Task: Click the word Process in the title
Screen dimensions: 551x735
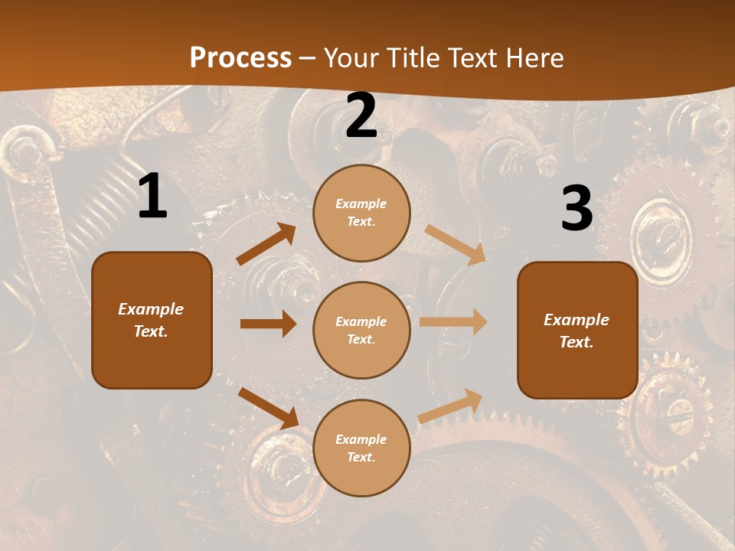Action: [x=240, y=57]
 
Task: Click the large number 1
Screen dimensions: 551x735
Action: [x=152, y=197]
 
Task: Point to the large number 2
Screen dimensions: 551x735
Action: [x=361, y=116]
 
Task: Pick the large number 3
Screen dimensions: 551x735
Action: [x=577, y=208]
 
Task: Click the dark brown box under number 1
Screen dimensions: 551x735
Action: [x=152, y=320]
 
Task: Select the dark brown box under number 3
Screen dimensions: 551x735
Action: [x=577, y=331]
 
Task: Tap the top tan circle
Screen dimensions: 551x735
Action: [x=361, y=213]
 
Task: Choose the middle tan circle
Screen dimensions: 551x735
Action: [x=361, y=330]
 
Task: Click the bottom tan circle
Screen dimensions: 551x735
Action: [x=361, y=448]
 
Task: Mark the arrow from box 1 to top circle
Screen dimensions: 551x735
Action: [x=266, y=244]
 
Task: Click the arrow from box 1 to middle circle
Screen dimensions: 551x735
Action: [x=268, y=324]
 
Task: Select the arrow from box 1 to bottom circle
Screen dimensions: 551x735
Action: [x=268, y=408]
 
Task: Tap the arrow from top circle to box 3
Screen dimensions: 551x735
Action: [x=455, y=245]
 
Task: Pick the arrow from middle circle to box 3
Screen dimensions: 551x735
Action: [x=453, y=322]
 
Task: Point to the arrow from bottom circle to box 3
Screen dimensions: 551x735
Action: [x=450, y=406]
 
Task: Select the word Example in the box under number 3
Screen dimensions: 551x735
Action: [x=577, y=320]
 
